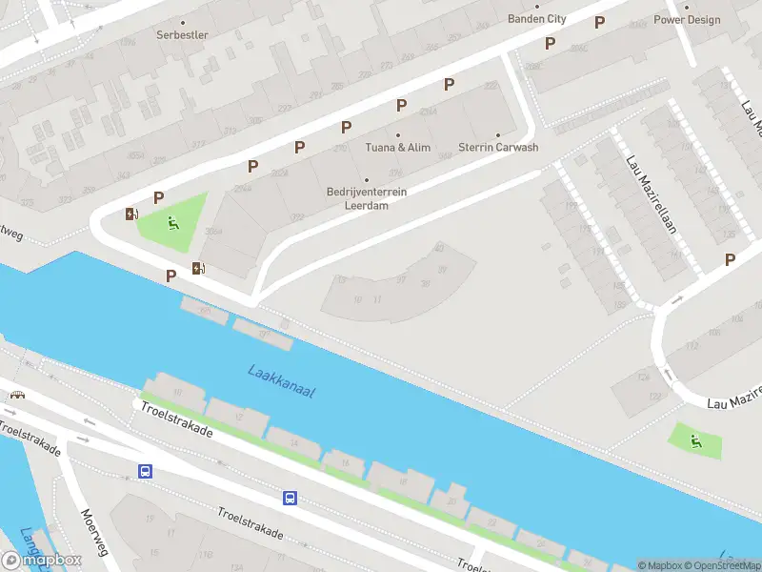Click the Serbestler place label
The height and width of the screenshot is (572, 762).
tap(182, 35)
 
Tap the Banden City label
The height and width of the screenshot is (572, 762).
tap(537, 19)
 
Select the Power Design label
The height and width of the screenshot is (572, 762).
tap(687, 19)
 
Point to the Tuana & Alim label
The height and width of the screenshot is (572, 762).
tap(398, 148)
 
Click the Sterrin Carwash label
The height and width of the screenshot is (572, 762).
tap(498, 148)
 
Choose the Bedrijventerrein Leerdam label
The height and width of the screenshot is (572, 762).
tap(367, 197)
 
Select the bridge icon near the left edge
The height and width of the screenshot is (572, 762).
tap(16, 394)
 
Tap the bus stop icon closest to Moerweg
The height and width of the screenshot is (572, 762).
tap(146, 471)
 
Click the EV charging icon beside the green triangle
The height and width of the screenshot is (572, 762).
tap(131, 214)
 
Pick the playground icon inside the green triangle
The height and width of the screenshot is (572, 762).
tap(172, 224)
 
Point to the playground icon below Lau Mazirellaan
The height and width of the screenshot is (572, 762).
tap(696, 440)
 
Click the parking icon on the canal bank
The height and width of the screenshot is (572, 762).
tap(171, 276)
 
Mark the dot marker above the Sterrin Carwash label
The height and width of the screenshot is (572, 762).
tap(498, 134)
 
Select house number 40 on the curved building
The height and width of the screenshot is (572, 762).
tap(439, 248)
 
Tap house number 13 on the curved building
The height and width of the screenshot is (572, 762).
tap(341, 280)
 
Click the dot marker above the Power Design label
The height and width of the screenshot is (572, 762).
tap(687, 7)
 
